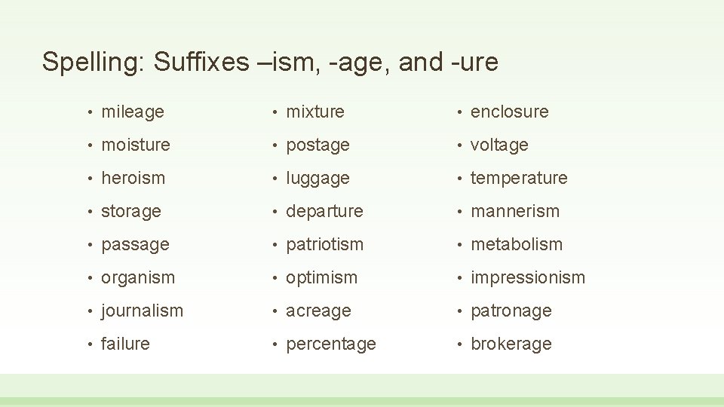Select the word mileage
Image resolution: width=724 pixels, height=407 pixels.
pos(133,112)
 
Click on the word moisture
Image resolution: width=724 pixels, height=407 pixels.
pos(136,145)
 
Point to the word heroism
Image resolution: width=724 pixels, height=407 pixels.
pos(133,178)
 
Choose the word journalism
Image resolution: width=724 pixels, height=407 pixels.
pos(142,311)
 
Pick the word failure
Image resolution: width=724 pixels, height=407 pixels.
pos(125,344)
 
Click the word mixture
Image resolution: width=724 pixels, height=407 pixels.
pos(315,112)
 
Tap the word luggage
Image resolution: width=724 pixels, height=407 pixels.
pos(318,179)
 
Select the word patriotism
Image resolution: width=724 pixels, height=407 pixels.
pos(324,244)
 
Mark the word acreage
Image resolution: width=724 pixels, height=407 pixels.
pos(318,311)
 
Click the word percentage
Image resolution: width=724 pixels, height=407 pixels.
pos(331,344)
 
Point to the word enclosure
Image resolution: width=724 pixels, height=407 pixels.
pos(510,112)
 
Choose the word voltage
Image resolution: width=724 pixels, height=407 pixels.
pos(499,145)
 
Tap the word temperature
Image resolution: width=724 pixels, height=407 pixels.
pos(519,178)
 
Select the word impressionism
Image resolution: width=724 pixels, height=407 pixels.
pos(528,277)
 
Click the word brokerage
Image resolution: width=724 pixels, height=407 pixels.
pos(511,344)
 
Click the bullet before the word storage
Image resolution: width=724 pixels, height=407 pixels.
pos(89,212)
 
